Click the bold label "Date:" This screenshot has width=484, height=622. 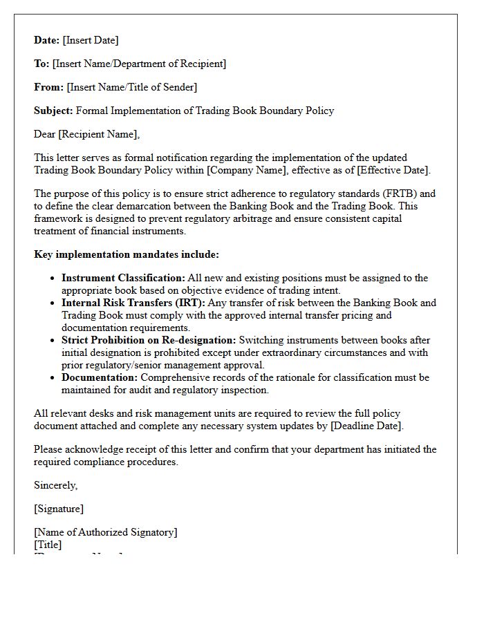(47, 40)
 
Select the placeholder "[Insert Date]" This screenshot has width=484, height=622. (91, 40)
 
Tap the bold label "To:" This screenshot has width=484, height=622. (41, 64)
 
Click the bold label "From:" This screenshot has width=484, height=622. (48, 87)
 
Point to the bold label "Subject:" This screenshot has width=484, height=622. (53, 111)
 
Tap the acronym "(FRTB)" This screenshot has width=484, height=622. (399, 194)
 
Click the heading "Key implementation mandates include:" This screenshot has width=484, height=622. (127, 254)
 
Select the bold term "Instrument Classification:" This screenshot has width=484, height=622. (123, 278)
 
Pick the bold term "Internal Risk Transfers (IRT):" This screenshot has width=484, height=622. (133, 303)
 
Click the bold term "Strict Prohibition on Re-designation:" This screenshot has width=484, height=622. (149, 340)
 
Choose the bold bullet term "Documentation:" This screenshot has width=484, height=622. (100, 377)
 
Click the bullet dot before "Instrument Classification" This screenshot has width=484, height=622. (53, 279)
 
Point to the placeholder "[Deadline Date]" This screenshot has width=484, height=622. (366, 426)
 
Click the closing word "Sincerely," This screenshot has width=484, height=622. (56, 485)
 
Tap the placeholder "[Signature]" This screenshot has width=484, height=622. (59, 509)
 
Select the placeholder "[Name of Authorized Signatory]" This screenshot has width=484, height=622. (106, 532)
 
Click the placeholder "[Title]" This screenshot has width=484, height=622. (48, 545)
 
